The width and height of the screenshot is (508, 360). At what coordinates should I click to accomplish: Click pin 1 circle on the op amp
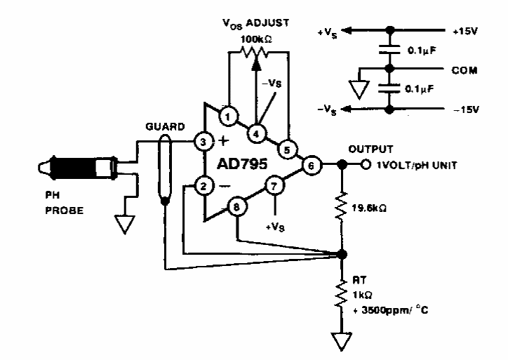click(227, 114)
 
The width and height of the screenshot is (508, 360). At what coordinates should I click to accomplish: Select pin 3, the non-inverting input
click(203, 141)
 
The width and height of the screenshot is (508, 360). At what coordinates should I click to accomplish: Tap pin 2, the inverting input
click(203, 187)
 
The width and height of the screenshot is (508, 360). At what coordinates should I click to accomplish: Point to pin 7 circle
click(274, 187)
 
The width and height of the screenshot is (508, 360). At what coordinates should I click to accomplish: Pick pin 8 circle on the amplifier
click(239, 207)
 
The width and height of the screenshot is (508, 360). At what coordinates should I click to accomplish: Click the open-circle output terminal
click(366, 166)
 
